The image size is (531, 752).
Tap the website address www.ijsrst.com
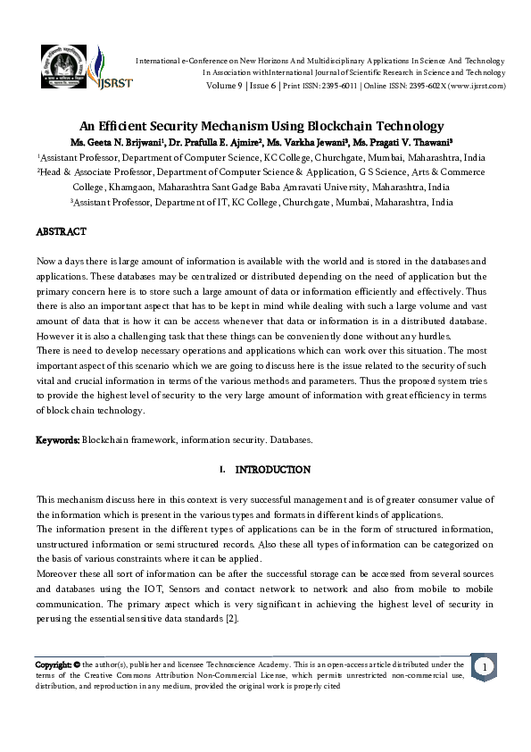477,86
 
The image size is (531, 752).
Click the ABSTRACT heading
61,232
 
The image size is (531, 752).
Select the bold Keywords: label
58,440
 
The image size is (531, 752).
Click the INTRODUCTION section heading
272,470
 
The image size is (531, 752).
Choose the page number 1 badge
483,668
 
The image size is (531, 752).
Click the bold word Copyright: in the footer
54,664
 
